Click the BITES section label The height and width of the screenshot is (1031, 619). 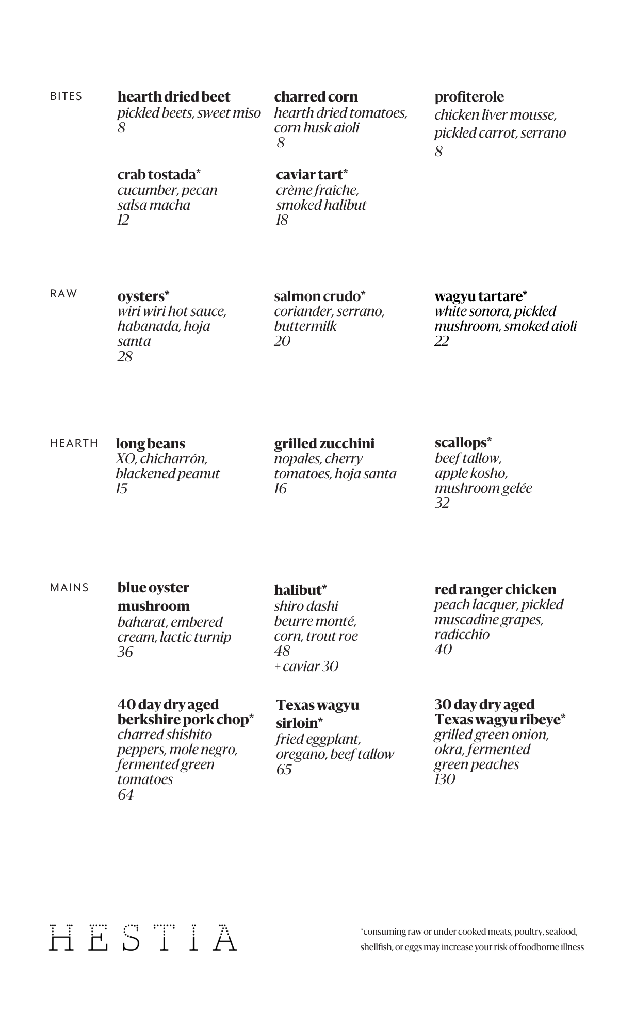click(66, 96)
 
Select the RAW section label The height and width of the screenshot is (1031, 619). click(63, 294)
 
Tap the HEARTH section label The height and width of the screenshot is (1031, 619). click(74, 443)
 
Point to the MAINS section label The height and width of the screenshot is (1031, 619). click(69, 588)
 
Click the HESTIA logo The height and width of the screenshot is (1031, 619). click(143, 938)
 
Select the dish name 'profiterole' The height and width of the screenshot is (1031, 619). click(469, 97)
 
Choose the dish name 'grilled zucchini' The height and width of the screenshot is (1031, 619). click(324, 444)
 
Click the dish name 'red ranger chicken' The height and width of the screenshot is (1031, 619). click(495, 590)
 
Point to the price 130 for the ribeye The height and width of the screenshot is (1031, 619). click(445, 779)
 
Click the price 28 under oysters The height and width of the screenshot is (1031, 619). click(125, 356)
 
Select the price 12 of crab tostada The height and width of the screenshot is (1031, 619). click(123, 220)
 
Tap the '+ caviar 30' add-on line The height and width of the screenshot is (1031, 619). click(306, 667)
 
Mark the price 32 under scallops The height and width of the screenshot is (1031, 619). click(442, 503)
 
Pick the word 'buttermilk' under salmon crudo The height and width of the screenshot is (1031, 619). click(305, 326)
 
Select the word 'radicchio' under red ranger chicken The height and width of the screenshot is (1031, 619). click(462, 635)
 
